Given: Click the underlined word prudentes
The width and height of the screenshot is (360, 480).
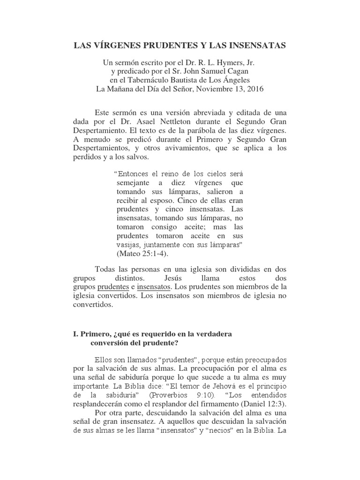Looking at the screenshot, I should click(112, 287).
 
